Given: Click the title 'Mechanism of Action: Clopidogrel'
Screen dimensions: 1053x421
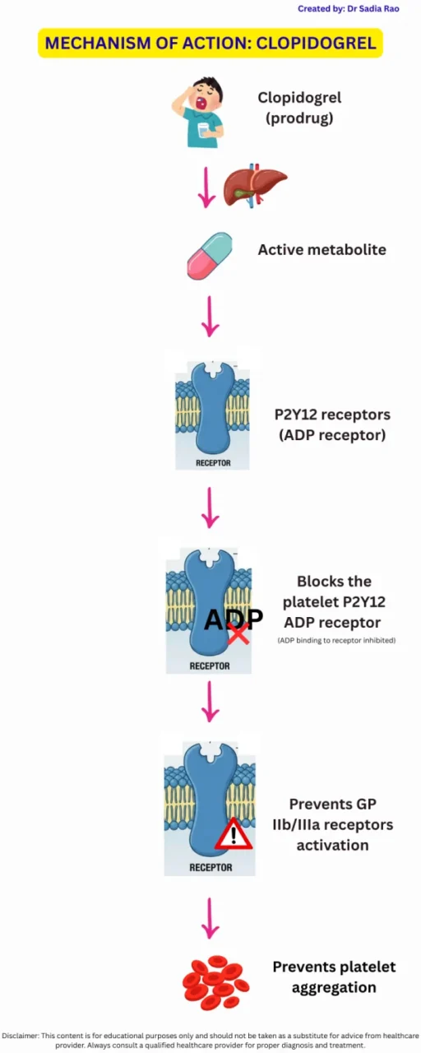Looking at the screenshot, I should pos(210,43).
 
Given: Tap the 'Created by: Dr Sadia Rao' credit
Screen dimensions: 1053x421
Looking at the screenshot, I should pos(348,8).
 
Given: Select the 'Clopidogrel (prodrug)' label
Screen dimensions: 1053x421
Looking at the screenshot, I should pos(299,107).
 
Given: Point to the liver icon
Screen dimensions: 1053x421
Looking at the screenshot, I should pos(255,185).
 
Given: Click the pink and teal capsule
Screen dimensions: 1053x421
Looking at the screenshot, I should pos(210,255).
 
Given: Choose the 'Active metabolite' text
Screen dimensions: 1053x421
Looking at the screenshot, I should pos(322,249).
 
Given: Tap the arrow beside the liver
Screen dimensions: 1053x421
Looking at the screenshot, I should pos(207,188).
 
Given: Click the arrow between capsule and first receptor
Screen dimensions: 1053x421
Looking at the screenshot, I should pos(210,316).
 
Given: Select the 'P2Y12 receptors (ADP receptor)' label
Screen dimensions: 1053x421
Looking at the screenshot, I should pos(332,424).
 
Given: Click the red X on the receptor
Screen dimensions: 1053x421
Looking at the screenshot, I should pos(238,633).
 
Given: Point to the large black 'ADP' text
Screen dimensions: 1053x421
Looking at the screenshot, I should pos(233,619).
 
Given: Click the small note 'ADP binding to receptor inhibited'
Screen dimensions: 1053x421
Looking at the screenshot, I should pos(335,640).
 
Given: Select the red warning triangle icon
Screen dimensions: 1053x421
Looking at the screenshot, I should pos(234,833).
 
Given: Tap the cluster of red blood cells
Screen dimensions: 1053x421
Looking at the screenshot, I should pos(215,981).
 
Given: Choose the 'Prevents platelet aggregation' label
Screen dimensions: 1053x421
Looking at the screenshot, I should pos(335,976).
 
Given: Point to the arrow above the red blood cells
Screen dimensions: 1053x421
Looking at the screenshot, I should pos(210,919).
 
